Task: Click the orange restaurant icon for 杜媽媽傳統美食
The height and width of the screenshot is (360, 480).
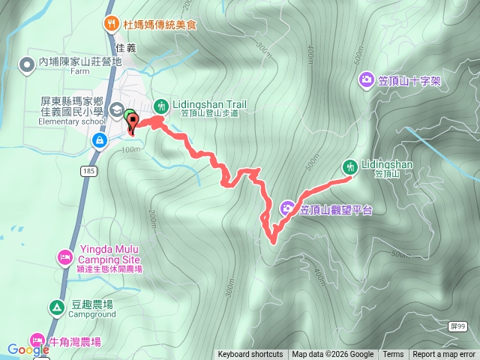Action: click(x=112, y=23)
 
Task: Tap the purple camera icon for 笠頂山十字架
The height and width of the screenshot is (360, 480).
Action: click(x=366, y=79)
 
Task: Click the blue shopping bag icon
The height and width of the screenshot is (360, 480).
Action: click(x=99, y=140)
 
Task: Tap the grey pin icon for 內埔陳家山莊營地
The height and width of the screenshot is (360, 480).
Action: click(x=27, y=63)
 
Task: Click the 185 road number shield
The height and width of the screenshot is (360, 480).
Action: click(x=89, y=172)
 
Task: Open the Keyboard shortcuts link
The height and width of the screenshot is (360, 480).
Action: click(x=250, y=355)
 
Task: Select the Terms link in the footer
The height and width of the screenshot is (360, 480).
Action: click(x=393, y=355)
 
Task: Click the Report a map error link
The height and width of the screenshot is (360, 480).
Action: click(x=445, y=355)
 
